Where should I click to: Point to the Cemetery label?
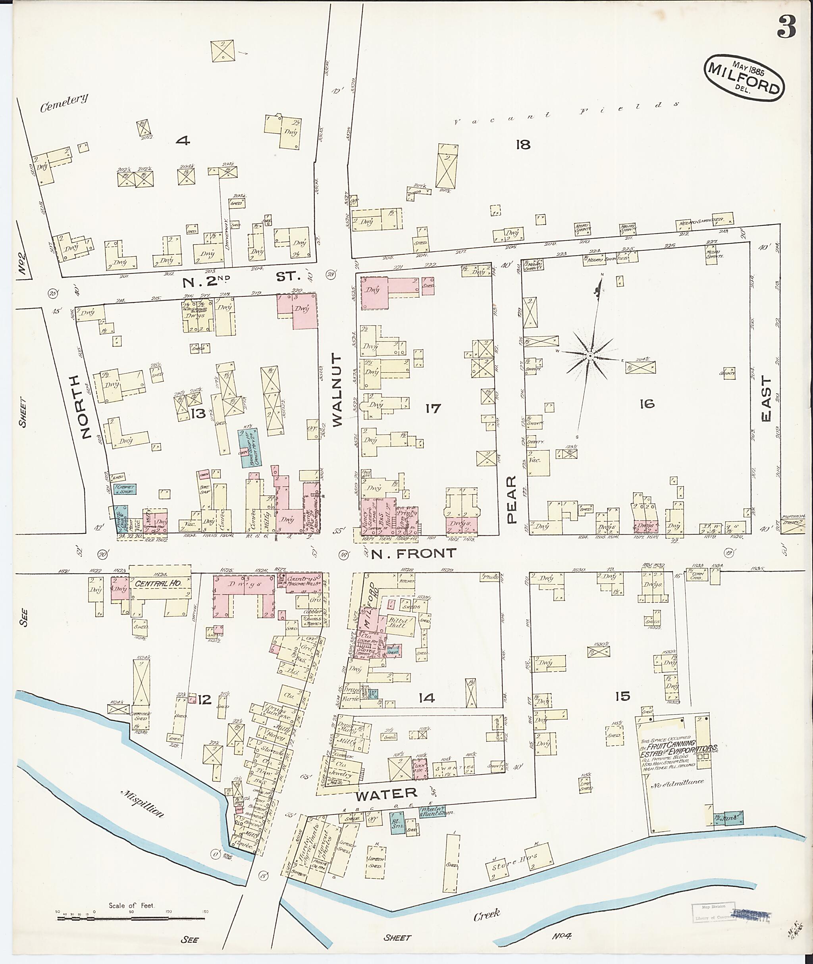coord(64,103)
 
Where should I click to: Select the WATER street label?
coord(386,793)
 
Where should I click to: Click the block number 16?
coord(647,404)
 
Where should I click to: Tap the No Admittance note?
coord(676,782)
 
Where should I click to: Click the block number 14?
coord(426,698)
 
